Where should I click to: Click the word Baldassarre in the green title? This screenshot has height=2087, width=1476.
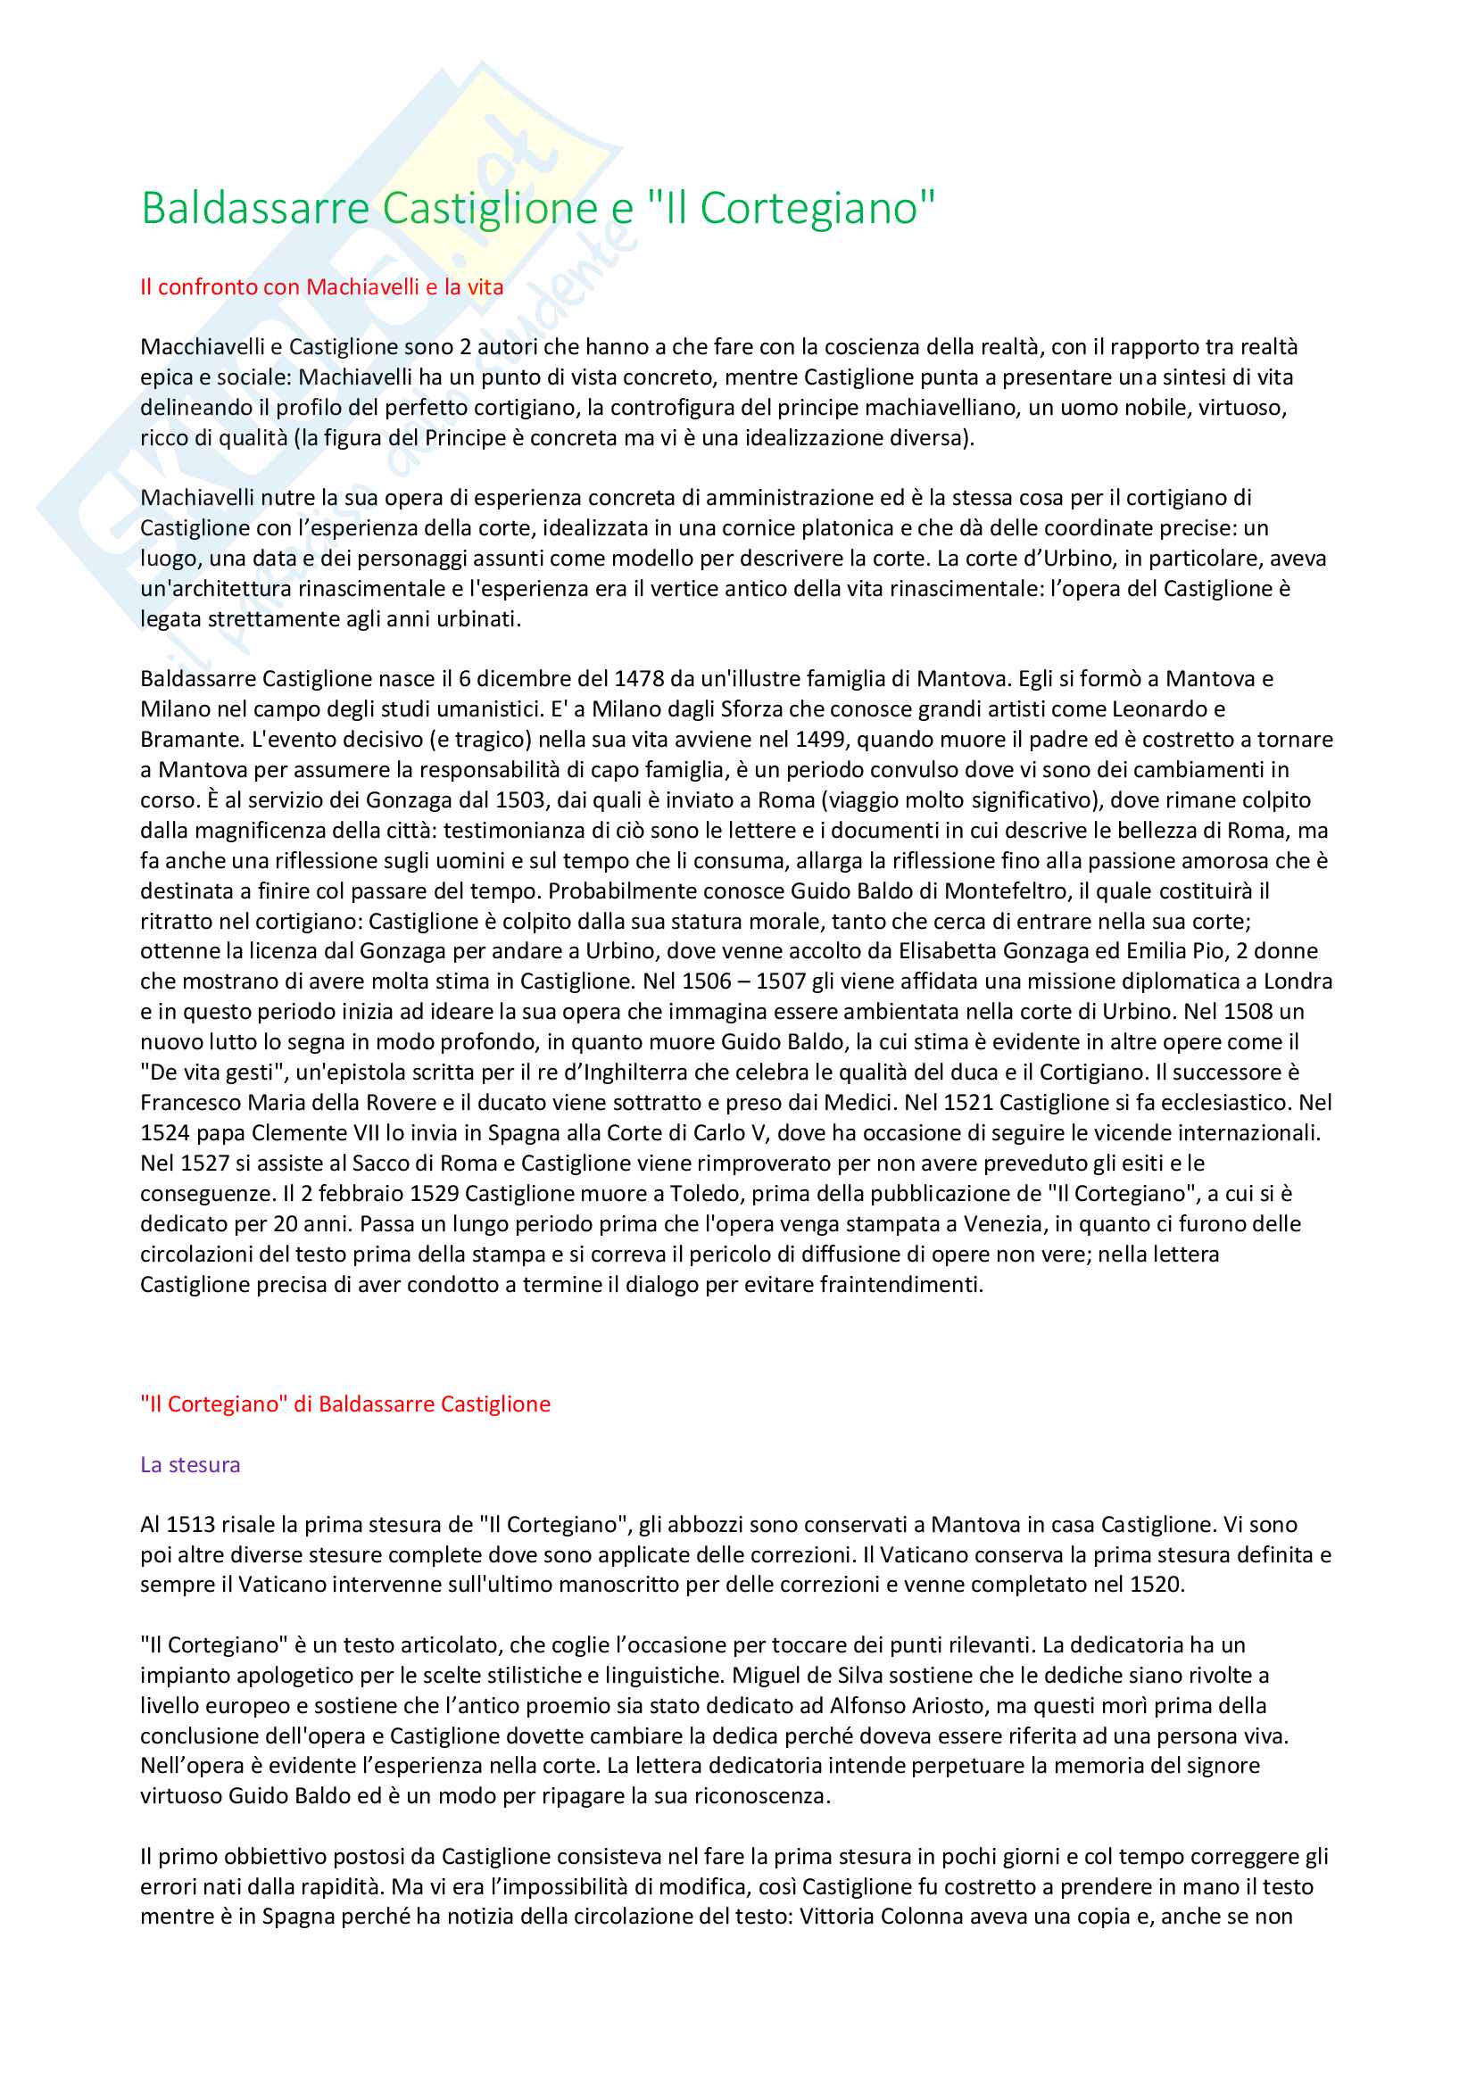point(254,208)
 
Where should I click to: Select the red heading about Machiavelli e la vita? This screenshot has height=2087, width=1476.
point(322,287)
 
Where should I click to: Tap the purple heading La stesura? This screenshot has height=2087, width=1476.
point(190,1464)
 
